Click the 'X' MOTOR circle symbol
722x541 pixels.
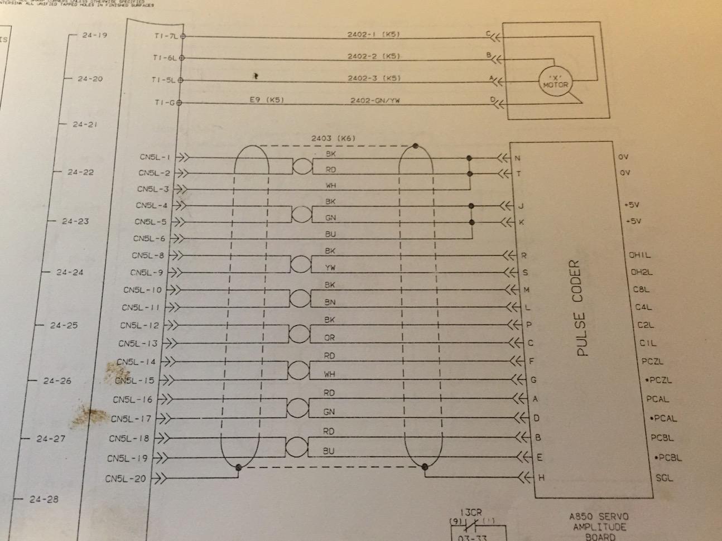(x=555, y=83)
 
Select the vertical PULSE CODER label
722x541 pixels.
(x=581, y=308)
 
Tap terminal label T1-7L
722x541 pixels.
(x=166, y=36)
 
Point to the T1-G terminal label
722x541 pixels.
(x=165, y=102)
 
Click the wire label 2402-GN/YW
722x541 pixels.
(x=374, y=101)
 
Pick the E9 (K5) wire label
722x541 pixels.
(x=266, y=101)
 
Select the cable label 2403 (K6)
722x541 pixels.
(x=333, y=138)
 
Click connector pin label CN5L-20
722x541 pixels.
(x=125, y=479)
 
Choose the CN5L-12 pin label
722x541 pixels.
(x=139, y=325)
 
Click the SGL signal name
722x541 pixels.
(x=664, y=478)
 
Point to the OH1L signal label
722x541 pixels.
(x=640, y=255)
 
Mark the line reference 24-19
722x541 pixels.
(x=94, y=35)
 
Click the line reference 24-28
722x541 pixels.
(x=44, y=499)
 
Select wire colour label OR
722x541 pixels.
(x=330, y=338)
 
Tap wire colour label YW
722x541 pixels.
(x=330, y=268)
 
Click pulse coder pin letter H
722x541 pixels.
(x=541, y=478)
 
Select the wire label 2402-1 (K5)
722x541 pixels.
(x=373, y=35)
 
